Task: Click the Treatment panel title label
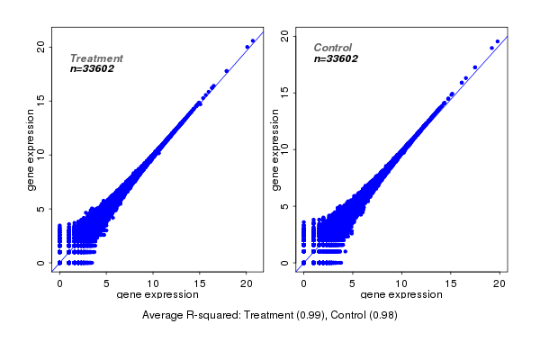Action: point(96,58)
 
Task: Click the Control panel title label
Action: point(332,48)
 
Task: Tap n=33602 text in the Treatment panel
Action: point(92,68)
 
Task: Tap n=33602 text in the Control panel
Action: point(336,58)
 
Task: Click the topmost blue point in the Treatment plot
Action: point(253,40)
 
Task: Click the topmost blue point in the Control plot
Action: point(498,40)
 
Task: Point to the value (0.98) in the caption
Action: point(382,315)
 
